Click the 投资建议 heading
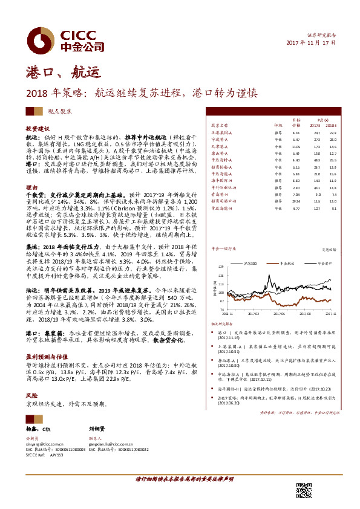(38, 129)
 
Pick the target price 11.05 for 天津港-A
(296, 146)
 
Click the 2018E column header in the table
(330, 126)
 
